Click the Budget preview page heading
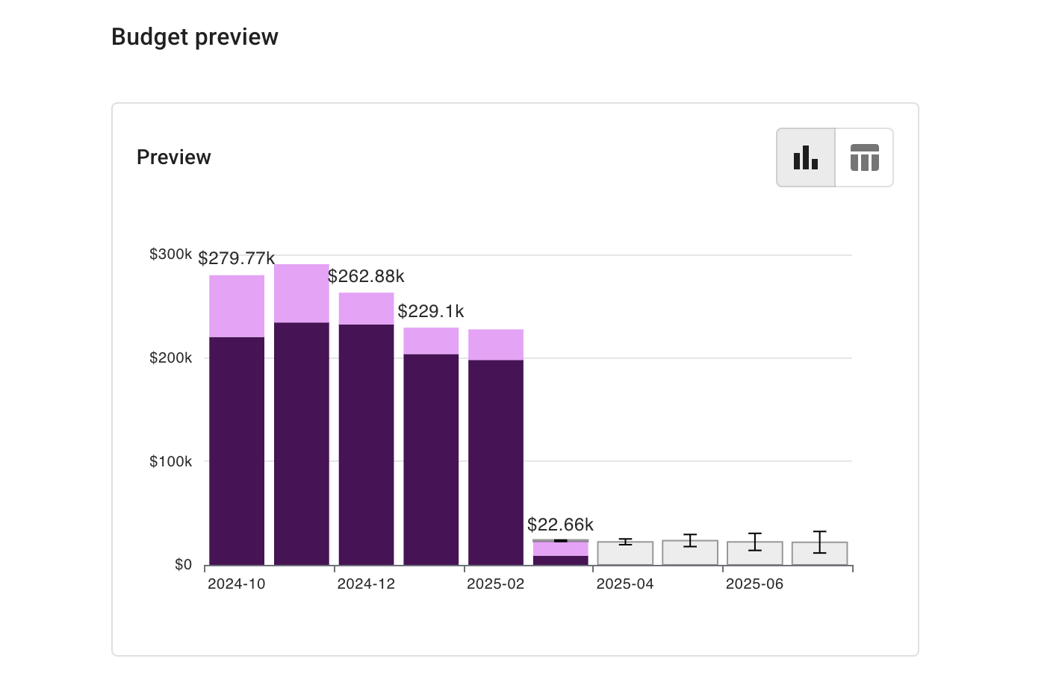194,37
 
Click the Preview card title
173,157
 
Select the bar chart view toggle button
806,157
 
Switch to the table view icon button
864,157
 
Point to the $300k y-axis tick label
170,254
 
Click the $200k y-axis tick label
170,358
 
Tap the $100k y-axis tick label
170,462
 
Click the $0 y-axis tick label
183,565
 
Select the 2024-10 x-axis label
236,584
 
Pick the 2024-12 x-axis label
366,584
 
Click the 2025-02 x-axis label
495,584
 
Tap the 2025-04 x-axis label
625,584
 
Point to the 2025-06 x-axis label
754,584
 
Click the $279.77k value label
236,259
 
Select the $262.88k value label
366,277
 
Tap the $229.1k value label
430,311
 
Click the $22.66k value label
560,525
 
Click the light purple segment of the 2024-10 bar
237,306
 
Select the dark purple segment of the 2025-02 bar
496,463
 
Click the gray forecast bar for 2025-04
625,554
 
